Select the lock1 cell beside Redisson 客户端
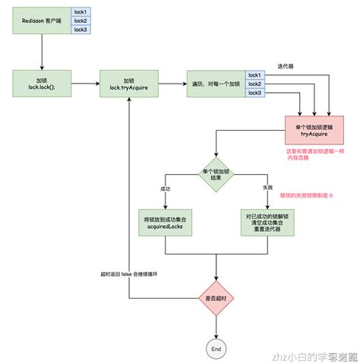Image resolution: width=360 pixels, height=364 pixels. pyautogui.click(x=81, y=12)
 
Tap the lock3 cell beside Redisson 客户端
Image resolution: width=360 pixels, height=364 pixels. pyautogui.click(x=81, y=30)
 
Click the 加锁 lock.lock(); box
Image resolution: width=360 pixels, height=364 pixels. pyautogui.click(x=42, y=84)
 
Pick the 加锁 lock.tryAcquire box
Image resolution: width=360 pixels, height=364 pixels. pyautogui.click(x=129, y=84)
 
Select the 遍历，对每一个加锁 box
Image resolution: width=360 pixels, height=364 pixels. pyautogui.click(x=214, y=84)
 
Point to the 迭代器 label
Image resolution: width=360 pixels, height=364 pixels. pyautogui.click(x=287, y=65)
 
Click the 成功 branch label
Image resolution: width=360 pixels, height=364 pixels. pyautogui.click(x=166, y=188)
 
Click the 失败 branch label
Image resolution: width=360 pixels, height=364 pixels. pyautogui.click(x=267, y=188)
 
